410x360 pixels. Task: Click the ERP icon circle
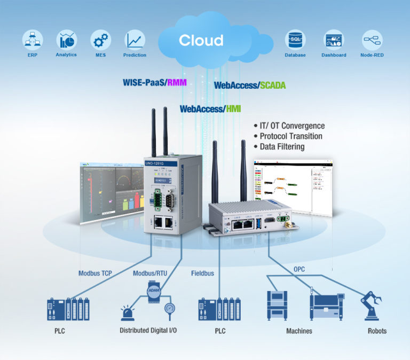click(x=32, y=40)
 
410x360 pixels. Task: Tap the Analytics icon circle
click(x=67, y=39)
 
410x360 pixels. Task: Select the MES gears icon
click(x=100, y=40)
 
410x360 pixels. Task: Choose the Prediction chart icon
click(x=135, y=40)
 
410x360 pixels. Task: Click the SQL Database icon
click(x=295, y=40)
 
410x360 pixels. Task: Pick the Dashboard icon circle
click(x=334, y=40)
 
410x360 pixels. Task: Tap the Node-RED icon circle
click(x=372, y=40)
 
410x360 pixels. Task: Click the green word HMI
click(x=233, y=108)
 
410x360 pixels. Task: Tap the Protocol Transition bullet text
click(x=291, y=136)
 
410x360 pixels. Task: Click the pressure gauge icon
click(x=170, y=310)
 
